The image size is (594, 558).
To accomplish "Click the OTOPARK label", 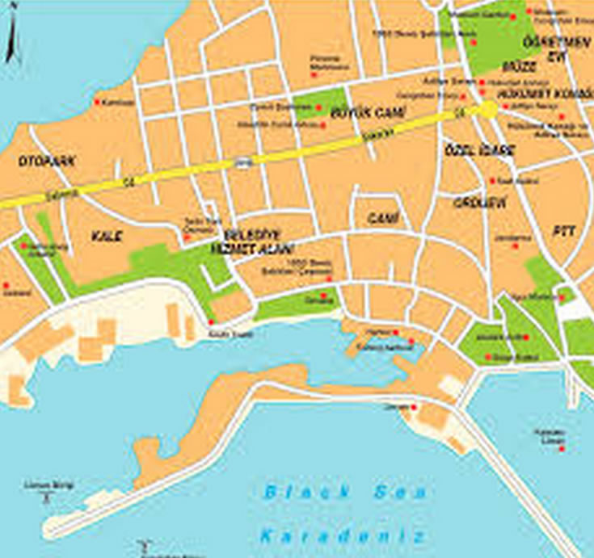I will pos(47,162).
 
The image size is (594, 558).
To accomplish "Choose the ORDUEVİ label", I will pos(479,203).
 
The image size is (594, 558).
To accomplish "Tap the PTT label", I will pos(563,231).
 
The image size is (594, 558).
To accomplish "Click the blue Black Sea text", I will pos(346,492).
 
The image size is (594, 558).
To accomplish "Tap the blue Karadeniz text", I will pos(342,535).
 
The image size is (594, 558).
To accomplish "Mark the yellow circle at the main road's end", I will pos(489,110).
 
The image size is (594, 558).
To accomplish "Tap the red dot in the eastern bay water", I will pos(561,448).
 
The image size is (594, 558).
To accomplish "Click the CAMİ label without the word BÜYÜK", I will pos(378,219).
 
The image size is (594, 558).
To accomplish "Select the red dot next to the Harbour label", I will pos(396,332).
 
